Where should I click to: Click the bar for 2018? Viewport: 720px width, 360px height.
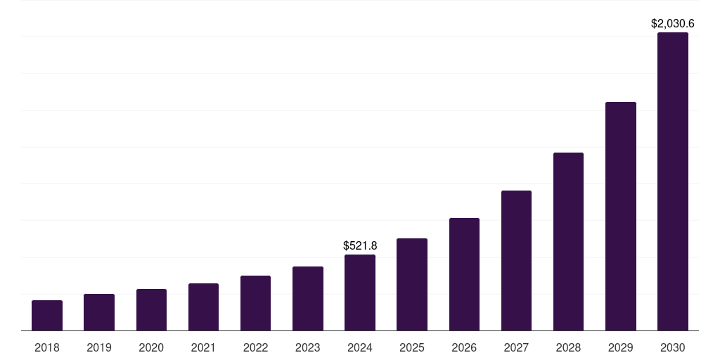pos(47,316)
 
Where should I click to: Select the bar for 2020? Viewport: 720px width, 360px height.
pos(151,310)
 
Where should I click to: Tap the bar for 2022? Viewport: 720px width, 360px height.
pos(255,303)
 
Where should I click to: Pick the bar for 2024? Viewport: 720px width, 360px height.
pos(360,292)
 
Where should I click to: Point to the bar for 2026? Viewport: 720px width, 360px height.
pos(464,274)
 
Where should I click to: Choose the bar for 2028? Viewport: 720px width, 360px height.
pos(568,241)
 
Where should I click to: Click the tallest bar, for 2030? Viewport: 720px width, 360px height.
pos(673,181)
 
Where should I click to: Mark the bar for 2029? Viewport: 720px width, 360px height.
pos(621,216)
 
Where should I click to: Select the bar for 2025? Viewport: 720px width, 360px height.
pos(412,284)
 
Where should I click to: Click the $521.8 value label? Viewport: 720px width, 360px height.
pos(360,245)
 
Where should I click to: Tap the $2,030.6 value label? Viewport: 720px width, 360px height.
pos(673,24)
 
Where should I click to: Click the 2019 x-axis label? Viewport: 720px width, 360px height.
pos(99,347)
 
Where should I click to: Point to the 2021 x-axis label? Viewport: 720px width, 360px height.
pos(203,347)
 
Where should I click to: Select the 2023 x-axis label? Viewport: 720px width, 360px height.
pos(308,347)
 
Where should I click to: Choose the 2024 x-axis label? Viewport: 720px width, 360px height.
pos(360,347)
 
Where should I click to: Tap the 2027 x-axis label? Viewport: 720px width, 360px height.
pos(516,347)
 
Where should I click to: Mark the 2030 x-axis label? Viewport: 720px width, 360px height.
pos(673,347)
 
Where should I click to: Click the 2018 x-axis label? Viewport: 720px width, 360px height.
pos(47,347)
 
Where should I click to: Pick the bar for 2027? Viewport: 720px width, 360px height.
pos(516,260)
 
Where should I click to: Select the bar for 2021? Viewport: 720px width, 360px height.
pos(203,307)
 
